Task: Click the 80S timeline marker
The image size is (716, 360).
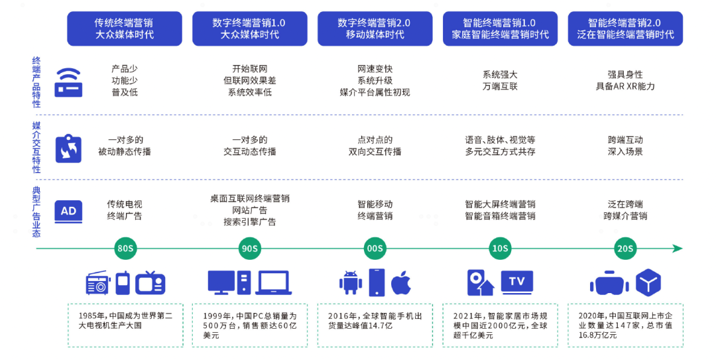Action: tap(125, 249)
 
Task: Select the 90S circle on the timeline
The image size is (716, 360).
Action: tap(249, 249)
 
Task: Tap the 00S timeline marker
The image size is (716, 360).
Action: tap(375, 249)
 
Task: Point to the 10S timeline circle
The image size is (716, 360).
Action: tap(500, 249)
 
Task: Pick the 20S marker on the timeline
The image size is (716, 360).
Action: tap(625, 249)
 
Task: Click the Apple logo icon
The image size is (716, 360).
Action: tap(400, 283)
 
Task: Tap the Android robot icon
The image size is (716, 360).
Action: tap(350, 283)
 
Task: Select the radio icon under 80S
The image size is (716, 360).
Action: tap(98, 284)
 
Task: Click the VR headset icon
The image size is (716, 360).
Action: tap(609, 284)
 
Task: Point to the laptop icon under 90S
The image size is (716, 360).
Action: tap(274, 283)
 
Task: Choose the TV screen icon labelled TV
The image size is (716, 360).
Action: tap(517, 282)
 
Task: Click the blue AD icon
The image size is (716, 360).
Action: tap(68, 211)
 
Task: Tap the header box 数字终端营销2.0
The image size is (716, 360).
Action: tap(375, 29)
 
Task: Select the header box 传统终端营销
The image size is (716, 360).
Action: tap(125, 29)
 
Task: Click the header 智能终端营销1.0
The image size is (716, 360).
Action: tap(500, 29)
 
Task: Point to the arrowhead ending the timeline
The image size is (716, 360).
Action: tap(677, 249)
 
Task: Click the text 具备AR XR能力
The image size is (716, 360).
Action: tap(625, 86)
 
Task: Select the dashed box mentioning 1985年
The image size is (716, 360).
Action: tap(125, 325)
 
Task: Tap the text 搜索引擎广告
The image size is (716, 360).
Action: tap(249, 222)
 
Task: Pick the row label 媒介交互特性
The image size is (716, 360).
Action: tap(36, 147)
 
